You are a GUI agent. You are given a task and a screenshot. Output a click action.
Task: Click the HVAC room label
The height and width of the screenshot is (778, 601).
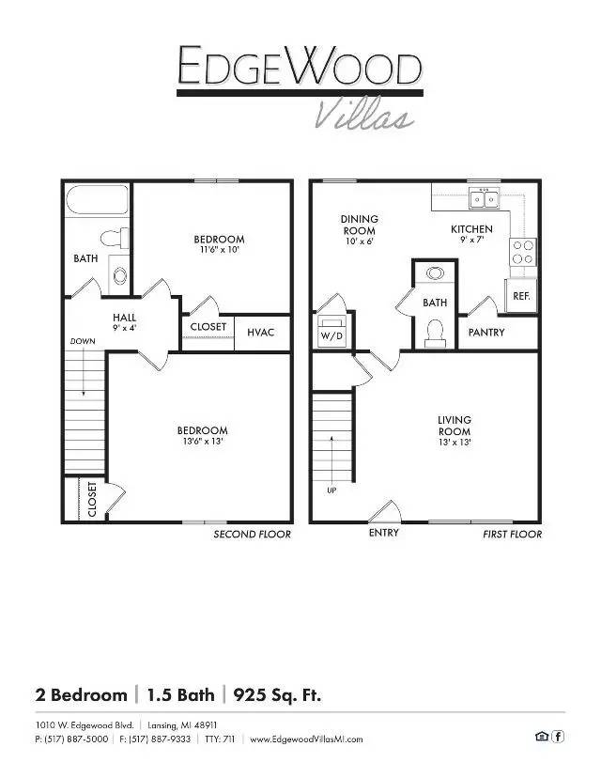tap(260, 332)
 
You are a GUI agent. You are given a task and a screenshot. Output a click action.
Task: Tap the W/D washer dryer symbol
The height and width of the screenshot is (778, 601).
tap(331, 332)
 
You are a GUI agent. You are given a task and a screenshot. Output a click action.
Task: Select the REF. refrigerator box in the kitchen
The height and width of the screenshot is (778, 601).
tap(521, 296)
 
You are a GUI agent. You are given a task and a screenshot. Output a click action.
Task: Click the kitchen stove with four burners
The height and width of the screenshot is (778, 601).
tap(523, 252)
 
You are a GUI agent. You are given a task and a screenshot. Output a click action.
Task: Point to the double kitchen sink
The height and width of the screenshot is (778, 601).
tap(485, 198)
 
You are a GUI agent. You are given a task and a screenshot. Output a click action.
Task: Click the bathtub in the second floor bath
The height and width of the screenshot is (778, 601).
tap(98, 200)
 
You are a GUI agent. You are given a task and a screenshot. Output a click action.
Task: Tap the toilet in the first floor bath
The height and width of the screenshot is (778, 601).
tap(435, 333)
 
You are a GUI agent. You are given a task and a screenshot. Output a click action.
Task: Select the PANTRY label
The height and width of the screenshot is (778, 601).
tap(486, 332)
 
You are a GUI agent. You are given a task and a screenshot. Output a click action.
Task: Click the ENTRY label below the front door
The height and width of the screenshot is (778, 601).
tap(384, 533)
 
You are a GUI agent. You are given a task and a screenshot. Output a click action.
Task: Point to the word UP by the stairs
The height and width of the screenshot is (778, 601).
tap(331, 490)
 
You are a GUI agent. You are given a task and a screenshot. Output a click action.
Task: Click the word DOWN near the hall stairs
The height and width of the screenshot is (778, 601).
tap(83, 341)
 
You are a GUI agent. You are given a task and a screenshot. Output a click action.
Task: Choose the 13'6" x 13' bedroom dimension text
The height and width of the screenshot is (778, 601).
tap(202, 441)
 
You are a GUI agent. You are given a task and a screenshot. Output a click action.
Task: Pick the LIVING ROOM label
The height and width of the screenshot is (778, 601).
tap(455, 426)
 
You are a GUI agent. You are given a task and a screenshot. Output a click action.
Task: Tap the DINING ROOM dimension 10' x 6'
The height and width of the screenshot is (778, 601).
tap(359, 241)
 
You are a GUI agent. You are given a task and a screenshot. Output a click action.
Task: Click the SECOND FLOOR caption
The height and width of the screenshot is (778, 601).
tap(252, 535)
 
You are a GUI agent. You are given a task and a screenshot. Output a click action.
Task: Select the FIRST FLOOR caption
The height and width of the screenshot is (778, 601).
tap(512, 535)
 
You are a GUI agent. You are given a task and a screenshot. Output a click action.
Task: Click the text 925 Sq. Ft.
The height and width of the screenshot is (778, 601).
tap(277, 694)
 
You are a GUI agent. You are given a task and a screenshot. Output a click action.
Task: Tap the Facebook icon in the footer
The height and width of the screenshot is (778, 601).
tap(558, 737)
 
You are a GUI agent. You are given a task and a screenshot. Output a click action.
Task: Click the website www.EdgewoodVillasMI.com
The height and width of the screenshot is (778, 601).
tap(306, 739)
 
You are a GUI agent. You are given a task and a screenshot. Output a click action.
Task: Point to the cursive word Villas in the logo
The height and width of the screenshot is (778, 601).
tap(364, 114)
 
